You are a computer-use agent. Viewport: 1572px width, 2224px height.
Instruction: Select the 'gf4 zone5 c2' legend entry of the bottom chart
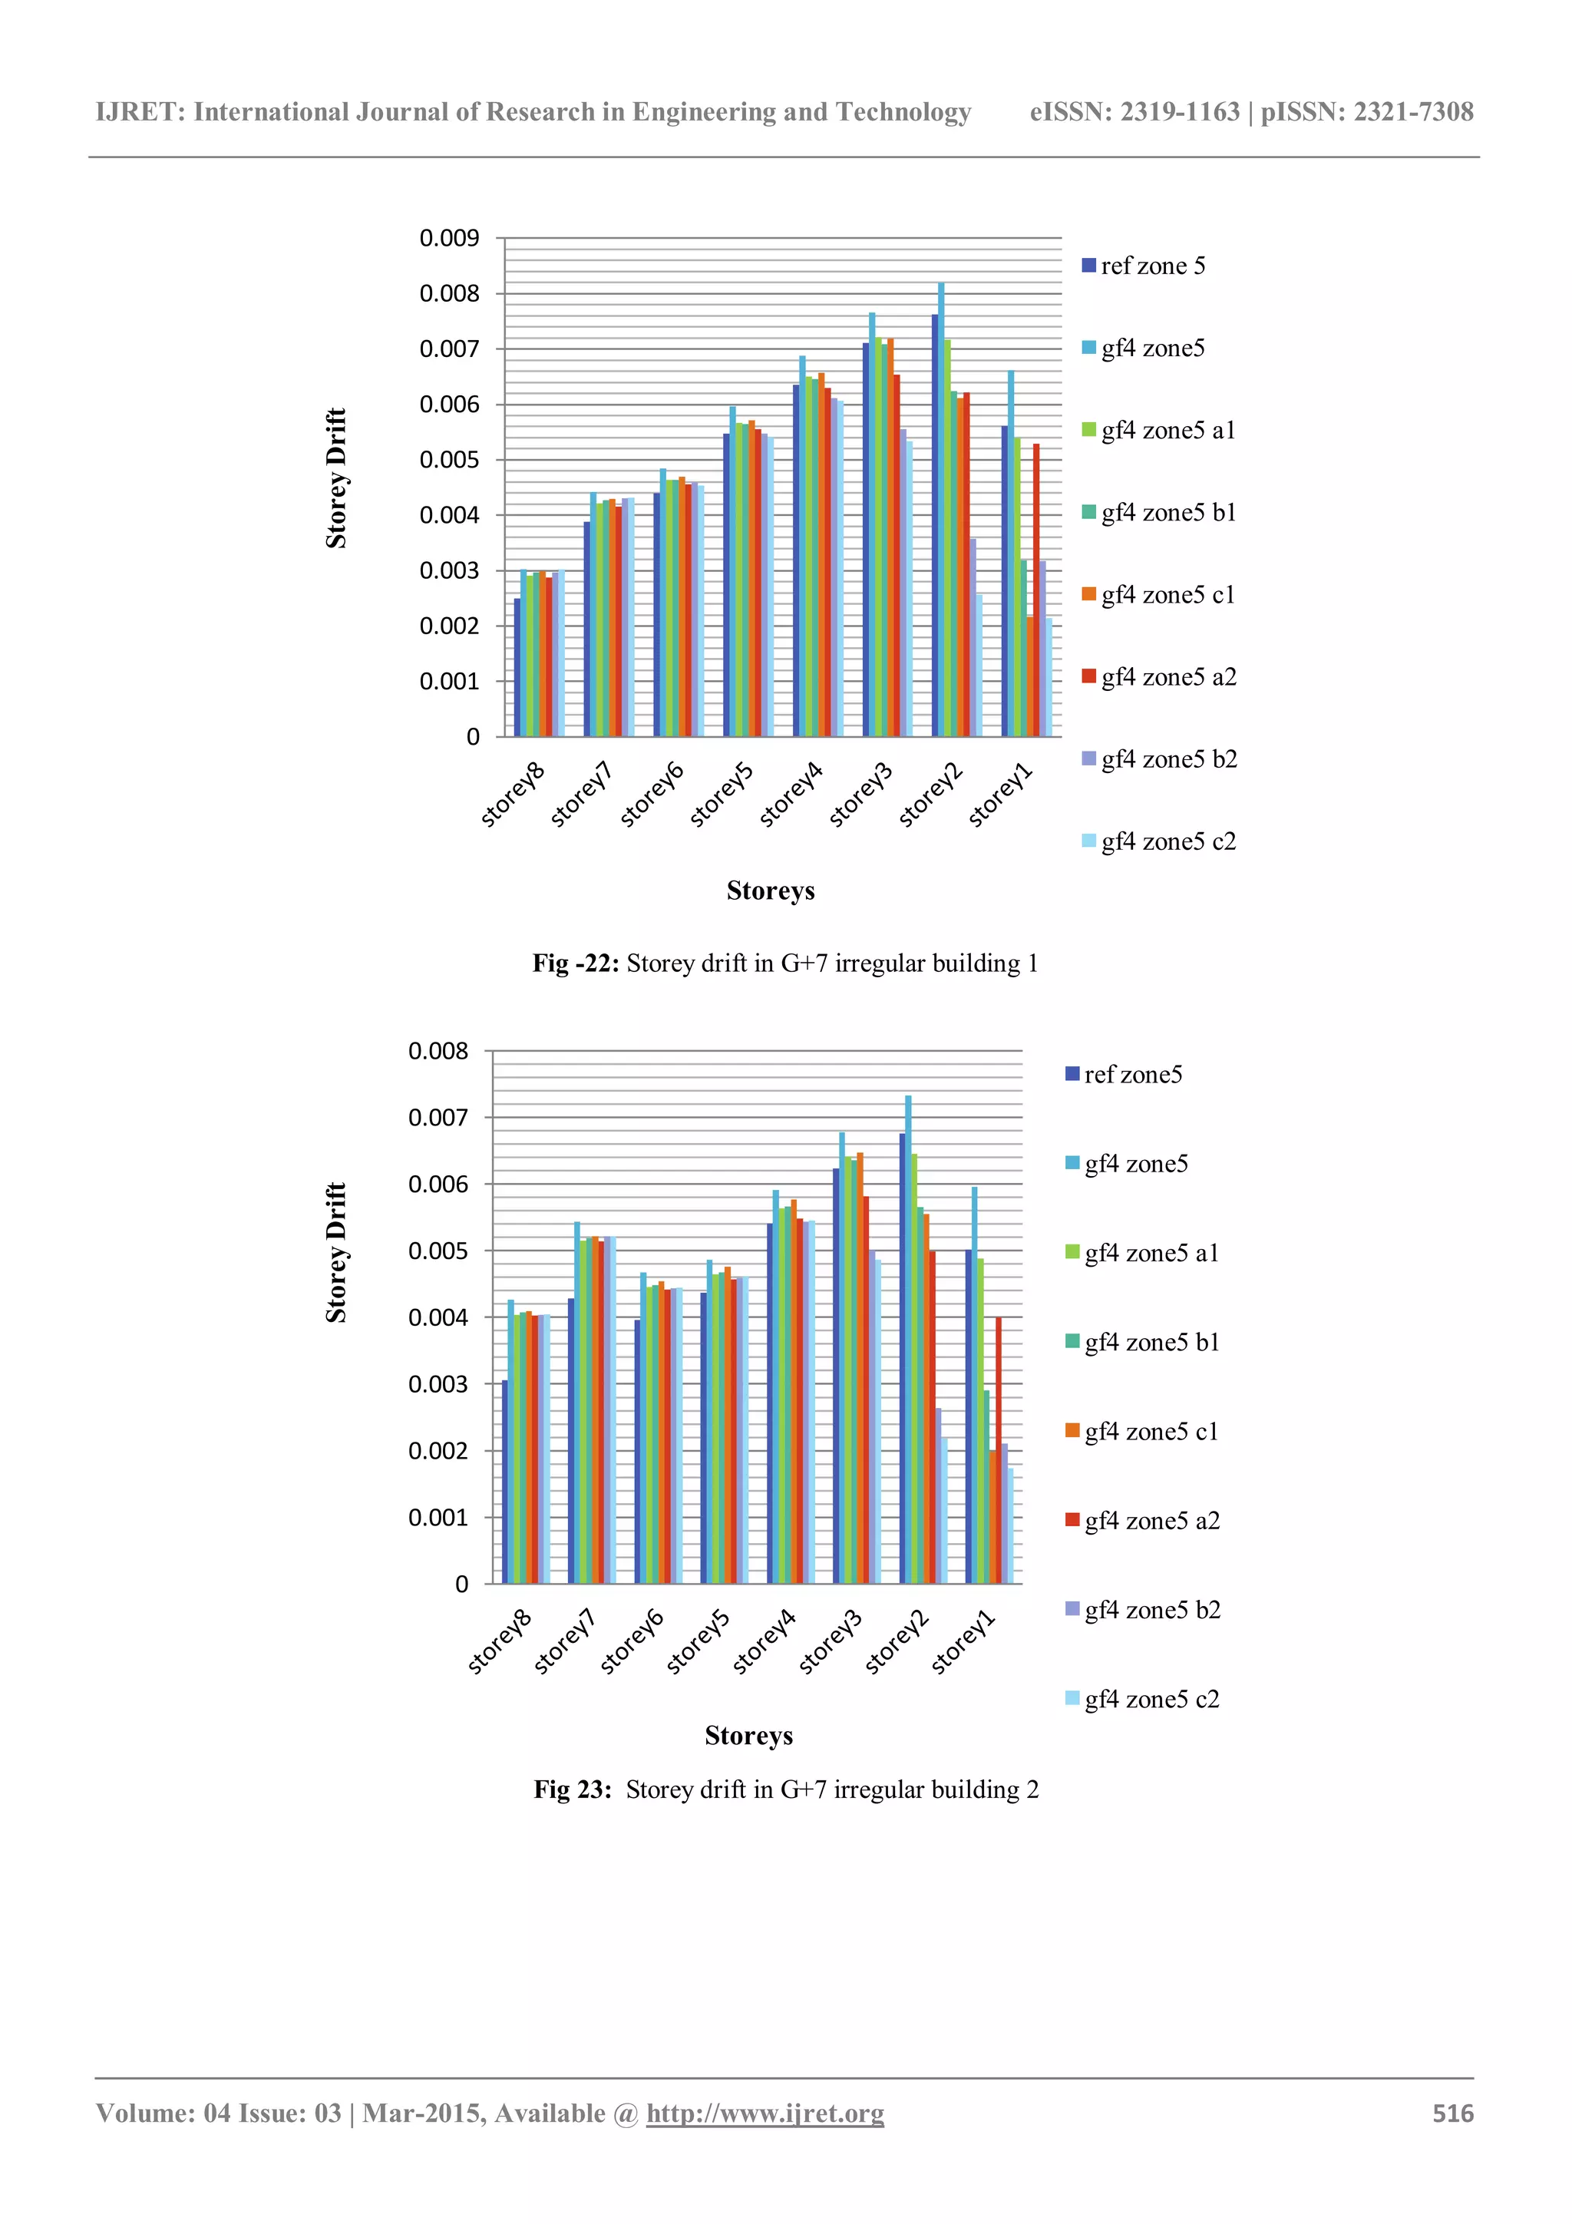(1151, 1699)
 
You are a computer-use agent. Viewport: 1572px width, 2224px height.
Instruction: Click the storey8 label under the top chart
(514, 795)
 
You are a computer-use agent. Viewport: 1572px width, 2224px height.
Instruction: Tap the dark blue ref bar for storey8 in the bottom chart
(504, 1482)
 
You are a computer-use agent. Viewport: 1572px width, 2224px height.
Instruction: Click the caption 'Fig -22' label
(576, 963)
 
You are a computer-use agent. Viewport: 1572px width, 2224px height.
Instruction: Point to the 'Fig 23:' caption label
(573, 1789)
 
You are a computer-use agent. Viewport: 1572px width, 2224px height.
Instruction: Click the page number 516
(1453, 2113)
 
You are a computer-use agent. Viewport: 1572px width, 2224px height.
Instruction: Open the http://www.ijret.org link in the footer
(765, 2113)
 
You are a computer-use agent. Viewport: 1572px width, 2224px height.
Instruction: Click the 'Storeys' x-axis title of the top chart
(770, 891)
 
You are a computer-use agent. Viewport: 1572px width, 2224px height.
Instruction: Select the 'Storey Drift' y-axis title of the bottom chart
(336, 1252)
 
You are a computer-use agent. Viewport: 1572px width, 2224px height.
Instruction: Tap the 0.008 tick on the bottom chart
(438, 1051)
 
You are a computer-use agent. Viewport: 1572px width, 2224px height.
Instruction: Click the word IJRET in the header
(136, 112)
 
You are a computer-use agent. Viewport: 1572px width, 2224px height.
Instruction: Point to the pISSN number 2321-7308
(1413, 112)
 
